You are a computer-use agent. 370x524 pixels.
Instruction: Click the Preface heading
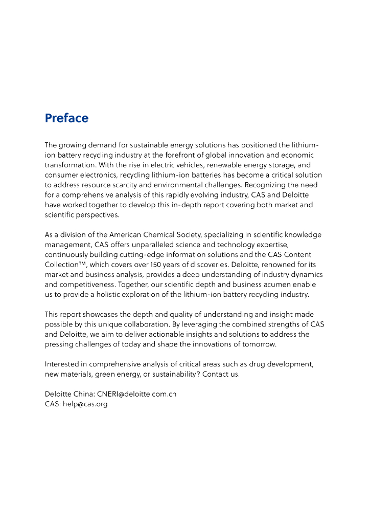[x=66, y=118]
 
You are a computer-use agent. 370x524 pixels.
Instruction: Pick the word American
[x=127, y=235]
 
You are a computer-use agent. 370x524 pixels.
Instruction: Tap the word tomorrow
[x=258, y=344]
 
